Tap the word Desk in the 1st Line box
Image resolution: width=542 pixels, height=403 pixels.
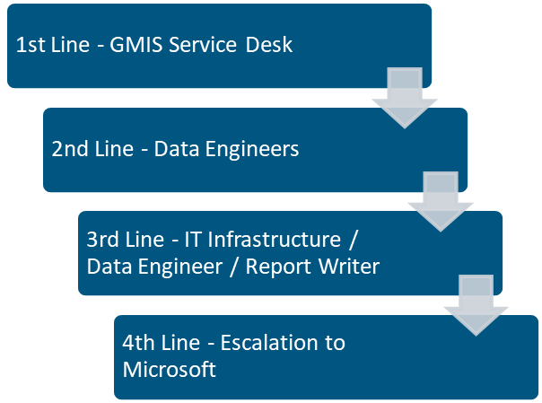pos(271,45)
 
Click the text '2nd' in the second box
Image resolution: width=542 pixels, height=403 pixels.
pos(69,149)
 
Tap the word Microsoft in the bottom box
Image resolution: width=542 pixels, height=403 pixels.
pos(170,370)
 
